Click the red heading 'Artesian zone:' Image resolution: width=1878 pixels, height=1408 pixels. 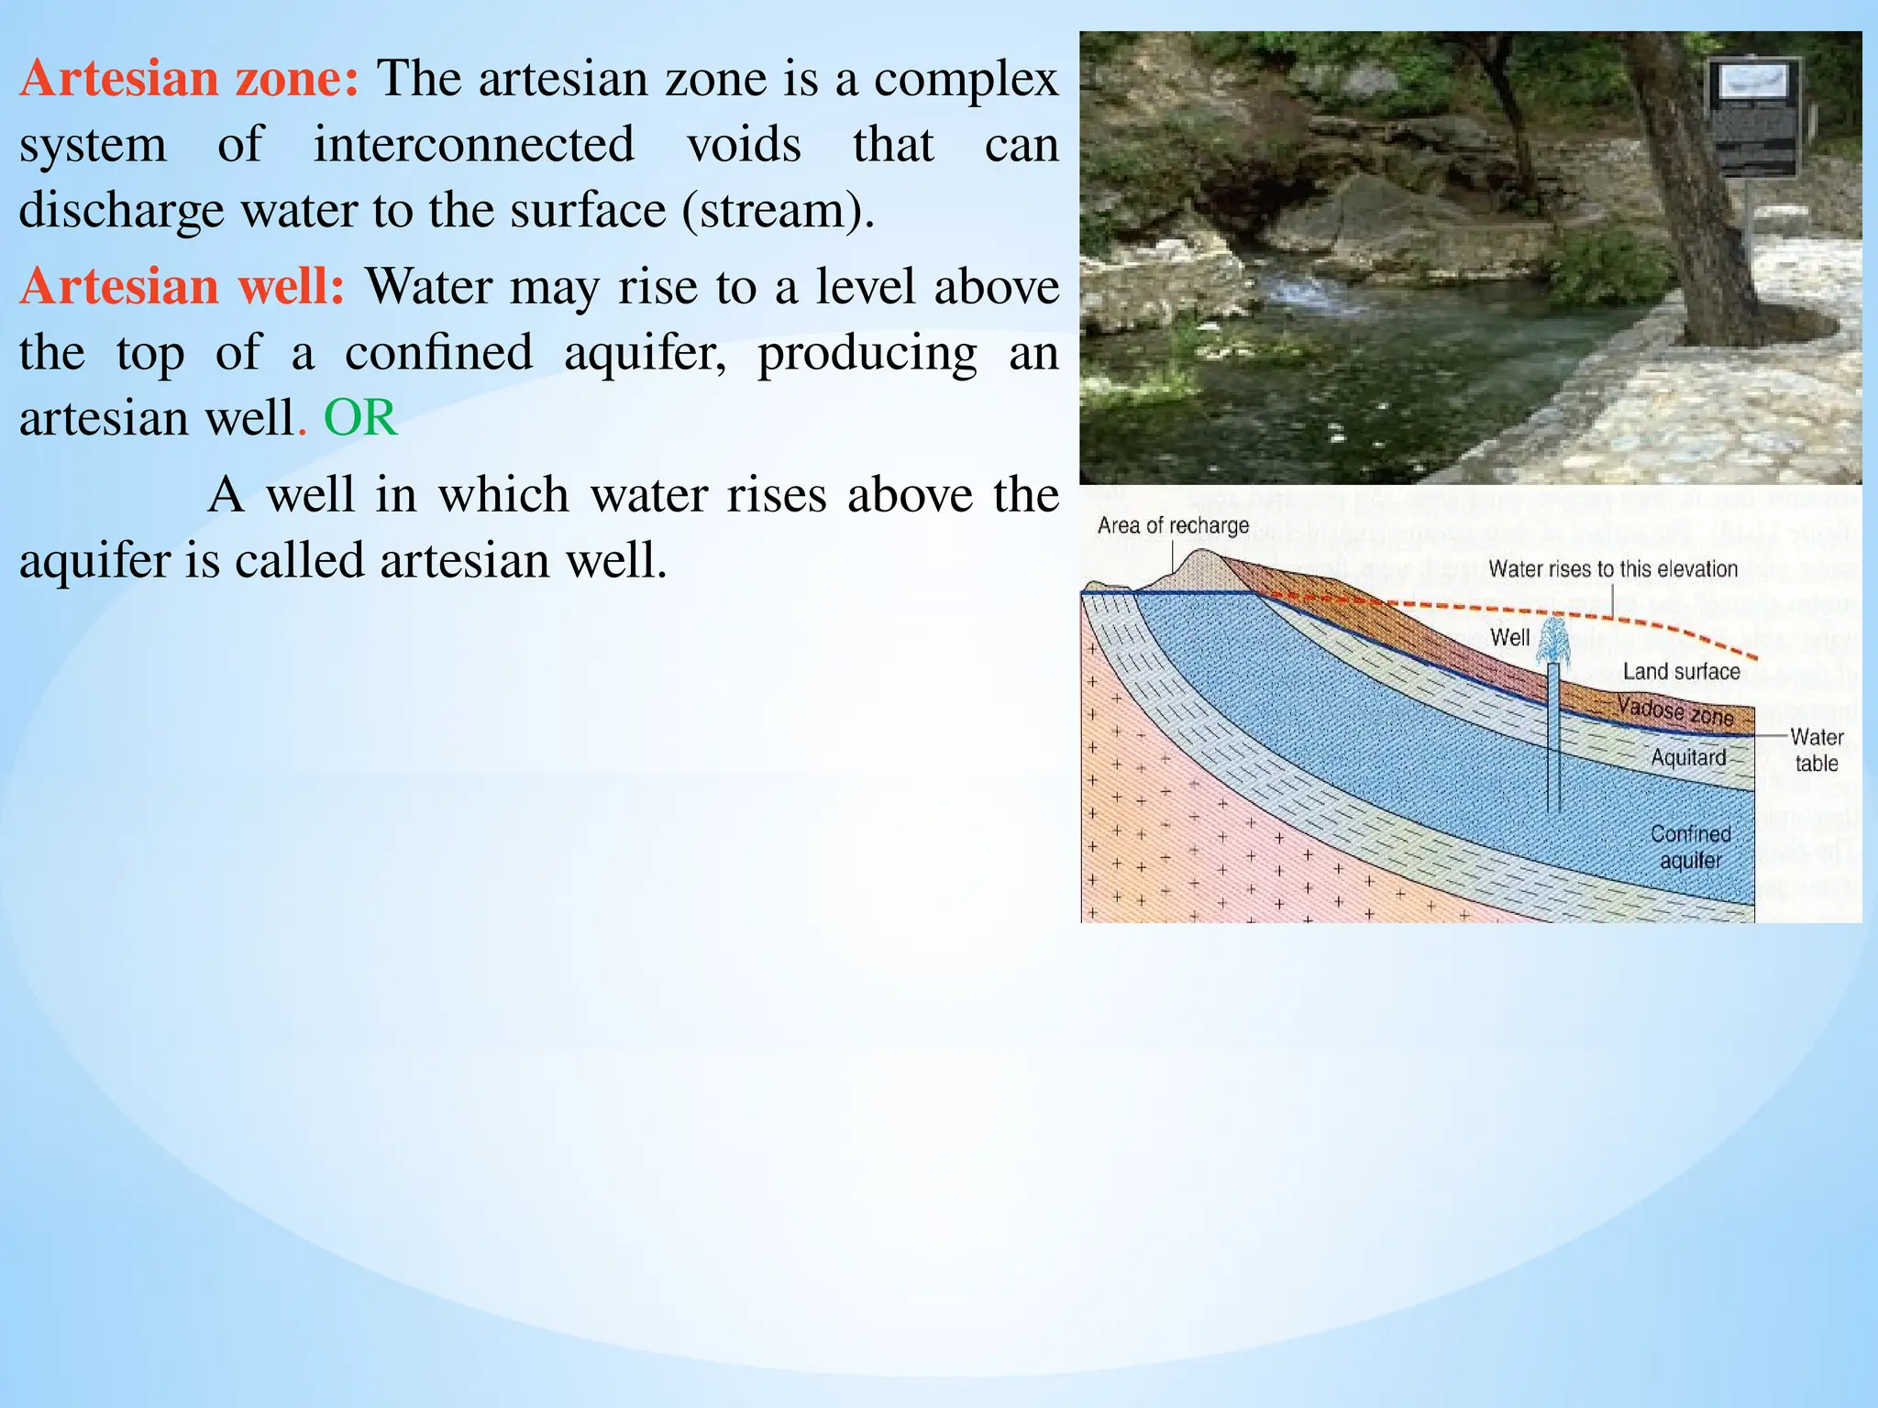point(189,78)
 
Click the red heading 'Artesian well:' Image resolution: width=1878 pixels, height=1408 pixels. point(182,286)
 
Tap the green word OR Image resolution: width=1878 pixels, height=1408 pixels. point(360,418)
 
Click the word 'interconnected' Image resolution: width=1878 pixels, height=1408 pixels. point(473,145)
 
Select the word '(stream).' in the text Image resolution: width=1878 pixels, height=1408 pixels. point(779,211)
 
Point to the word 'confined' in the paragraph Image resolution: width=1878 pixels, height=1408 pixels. point(438,353)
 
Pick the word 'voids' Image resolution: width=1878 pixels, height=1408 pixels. point(744,145)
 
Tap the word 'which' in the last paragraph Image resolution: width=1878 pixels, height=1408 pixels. point(503,495)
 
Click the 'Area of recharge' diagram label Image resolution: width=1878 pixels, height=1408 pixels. point(1173,525)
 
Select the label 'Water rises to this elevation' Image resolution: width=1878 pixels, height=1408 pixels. point(1613,568)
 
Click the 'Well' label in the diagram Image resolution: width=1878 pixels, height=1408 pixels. point(1509,637)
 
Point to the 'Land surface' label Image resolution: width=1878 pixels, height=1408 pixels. point(1681,671)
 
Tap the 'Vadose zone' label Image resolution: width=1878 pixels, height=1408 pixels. point(1675,711)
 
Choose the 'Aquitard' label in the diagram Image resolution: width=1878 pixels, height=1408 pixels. point(1688,757)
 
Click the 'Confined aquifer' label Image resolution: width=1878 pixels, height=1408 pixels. point(1690,847)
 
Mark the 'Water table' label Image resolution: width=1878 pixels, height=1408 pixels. point(1816,750)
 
